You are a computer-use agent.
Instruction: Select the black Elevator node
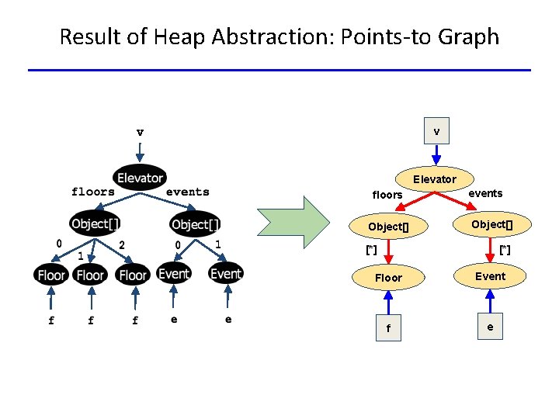(140, 178)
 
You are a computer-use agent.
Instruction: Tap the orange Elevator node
(435, 179)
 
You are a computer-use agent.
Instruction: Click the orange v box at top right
(436, 132)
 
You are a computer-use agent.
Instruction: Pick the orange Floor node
(388, 277)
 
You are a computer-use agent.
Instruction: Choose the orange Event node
(490, 275)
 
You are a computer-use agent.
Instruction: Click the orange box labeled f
(388, 328)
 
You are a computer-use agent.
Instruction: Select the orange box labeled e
(490, 327)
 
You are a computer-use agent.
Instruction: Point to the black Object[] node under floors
(95, 224)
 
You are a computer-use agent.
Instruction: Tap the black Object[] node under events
(196, 224)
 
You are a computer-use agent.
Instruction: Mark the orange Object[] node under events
(491, 224)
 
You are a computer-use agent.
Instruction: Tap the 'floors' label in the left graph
(92, 192)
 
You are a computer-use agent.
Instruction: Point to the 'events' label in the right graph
(485, 193)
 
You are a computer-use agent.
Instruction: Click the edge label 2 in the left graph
(121, 244)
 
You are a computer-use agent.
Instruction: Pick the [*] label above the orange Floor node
(371, 250)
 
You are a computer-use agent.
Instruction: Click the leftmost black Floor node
(51, 275)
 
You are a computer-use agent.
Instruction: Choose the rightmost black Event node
(226, 273)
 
